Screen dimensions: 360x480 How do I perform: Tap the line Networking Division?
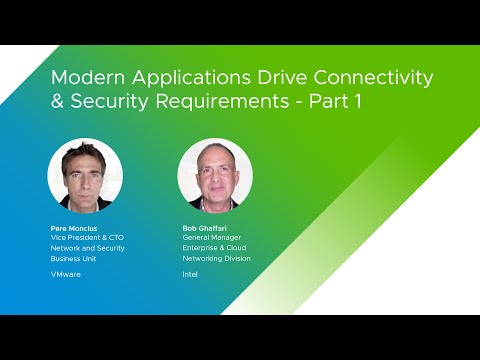[216, 258]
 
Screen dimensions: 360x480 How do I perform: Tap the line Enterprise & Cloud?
[214, 247]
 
